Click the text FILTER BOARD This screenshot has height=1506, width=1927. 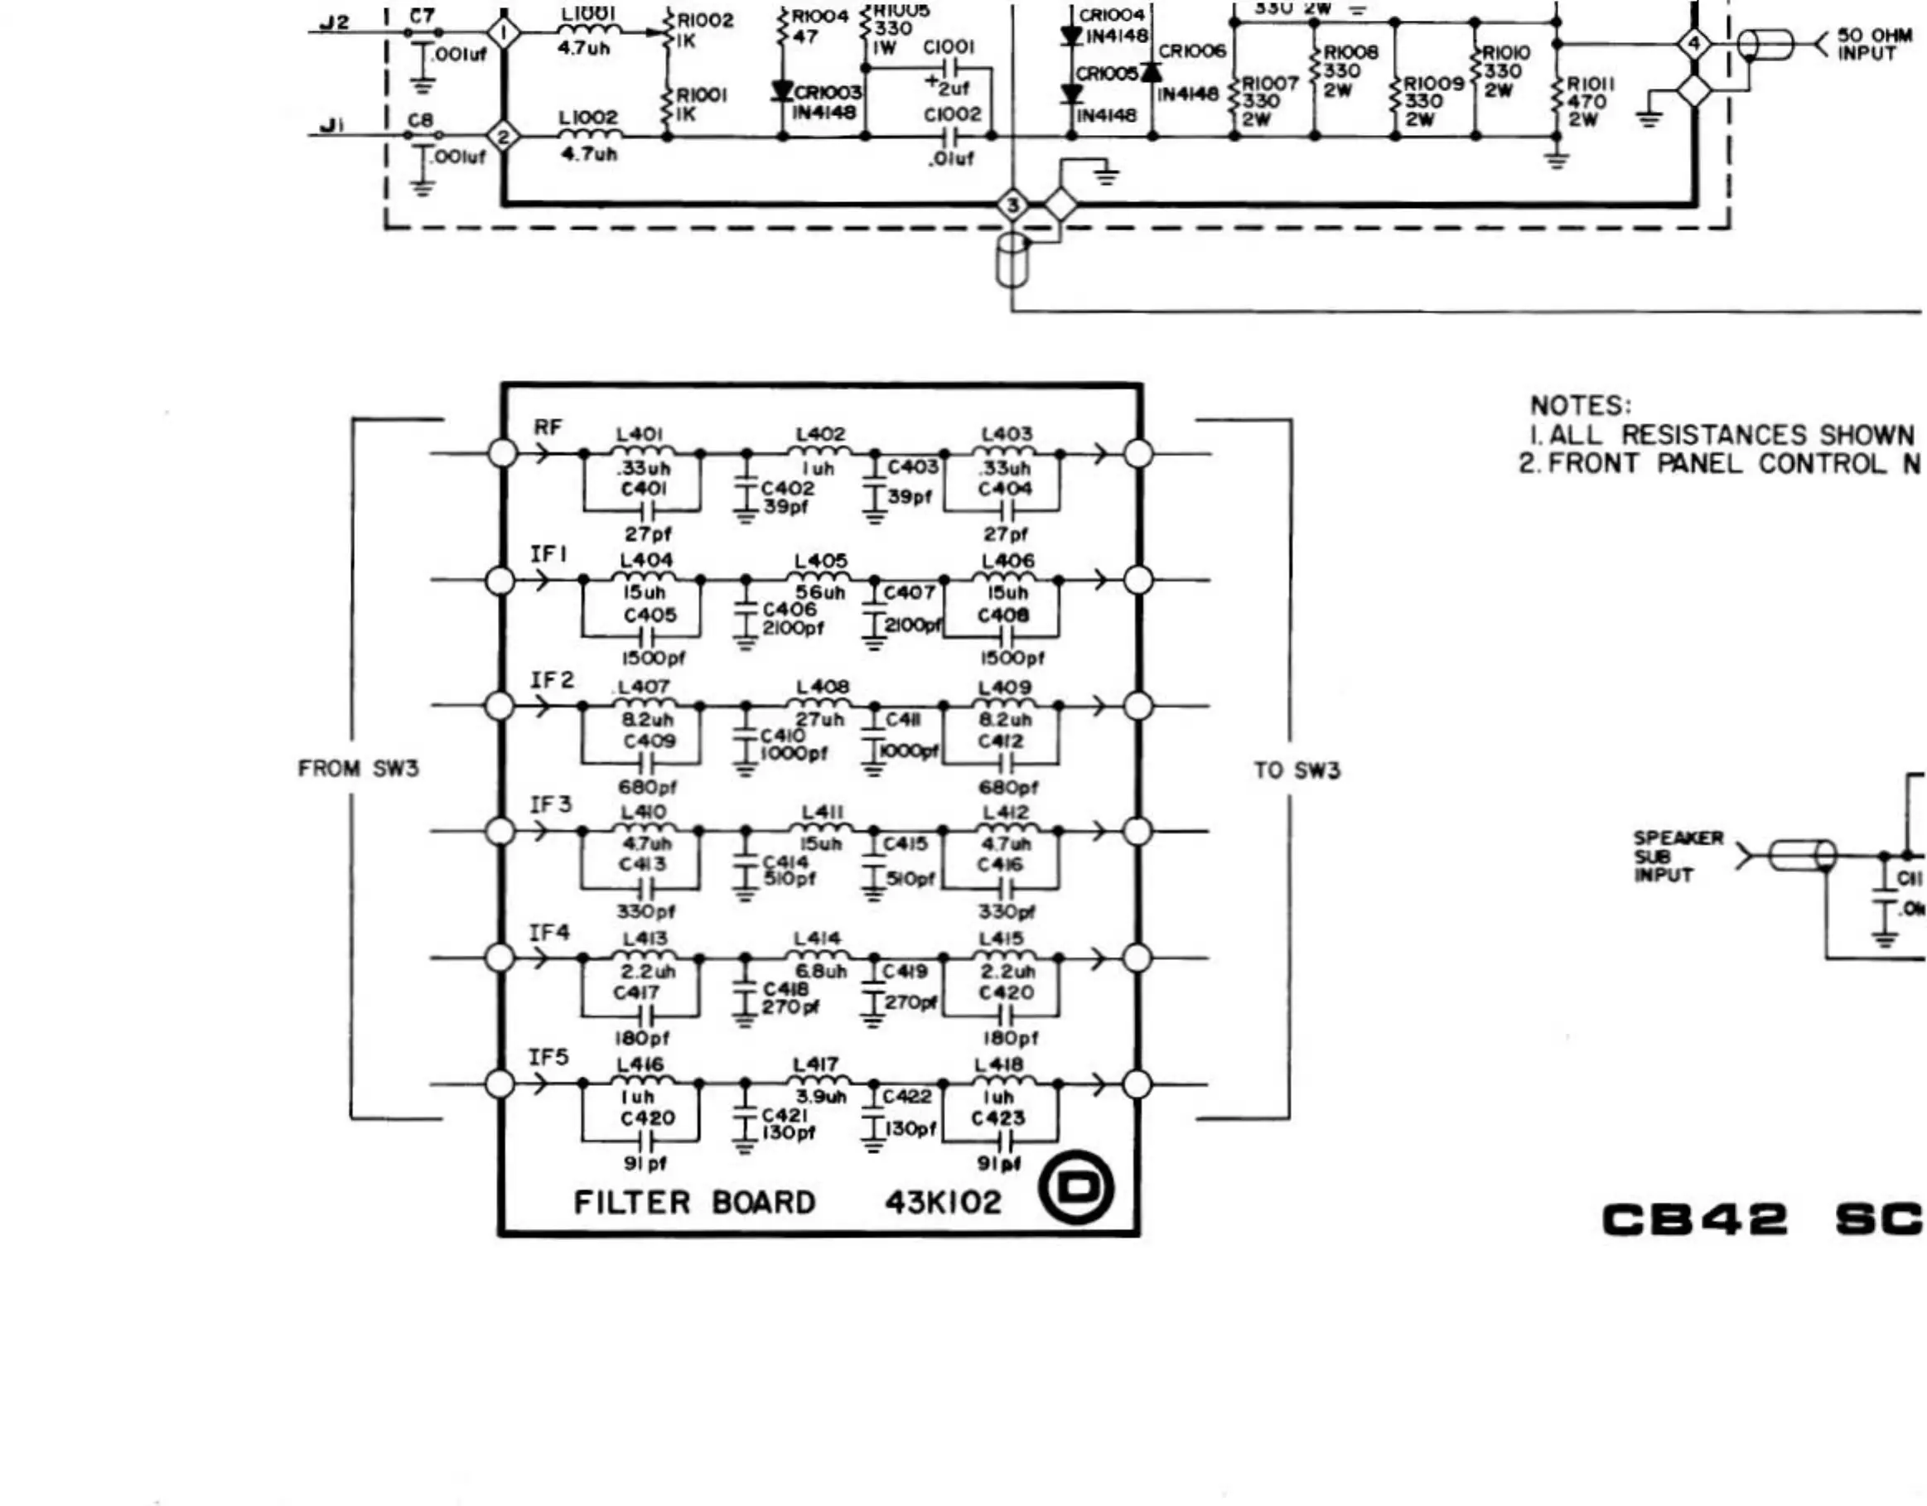point(694,1203)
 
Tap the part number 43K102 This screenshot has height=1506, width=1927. point(944,1203)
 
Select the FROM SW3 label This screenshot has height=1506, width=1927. point(358,769)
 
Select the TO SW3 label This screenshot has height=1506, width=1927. point(1297,770)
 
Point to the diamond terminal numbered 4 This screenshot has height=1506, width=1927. point(1693,43)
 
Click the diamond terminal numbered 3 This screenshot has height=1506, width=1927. point(1013,205)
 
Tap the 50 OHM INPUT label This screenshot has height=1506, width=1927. point(1874,44)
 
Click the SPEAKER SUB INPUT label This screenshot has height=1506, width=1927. point(1677,856)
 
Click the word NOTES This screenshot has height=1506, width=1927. point(1580,406)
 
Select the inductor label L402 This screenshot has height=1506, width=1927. point(820,434)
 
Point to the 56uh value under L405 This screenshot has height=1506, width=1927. point(819,593)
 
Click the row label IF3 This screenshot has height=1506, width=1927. point(550,804)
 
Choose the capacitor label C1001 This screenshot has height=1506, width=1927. point(949,46)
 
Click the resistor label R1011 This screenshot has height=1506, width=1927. point(1590,83)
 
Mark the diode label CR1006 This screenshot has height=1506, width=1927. point(1192,51)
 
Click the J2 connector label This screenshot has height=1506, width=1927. point(334,22)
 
